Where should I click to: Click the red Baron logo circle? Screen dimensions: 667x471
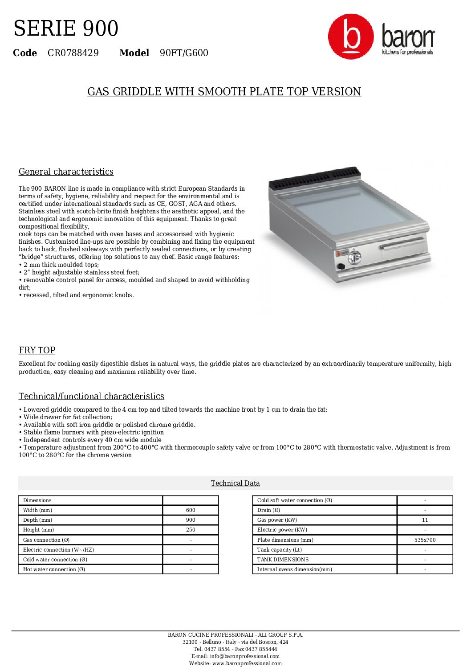[351, 37]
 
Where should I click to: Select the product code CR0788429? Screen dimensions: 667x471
[73, 53]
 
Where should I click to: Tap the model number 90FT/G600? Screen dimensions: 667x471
[184, 53]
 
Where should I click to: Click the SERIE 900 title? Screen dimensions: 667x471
[66, 29]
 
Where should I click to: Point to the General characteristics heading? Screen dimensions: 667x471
[66, 172]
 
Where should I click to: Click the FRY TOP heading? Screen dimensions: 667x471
[37, 350]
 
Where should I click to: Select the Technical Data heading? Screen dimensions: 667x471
[235, 483]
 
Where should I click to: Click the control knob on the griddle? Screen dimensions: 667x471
[354, 256]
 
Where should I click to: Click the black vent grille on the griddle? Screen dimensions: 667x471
[314, 178]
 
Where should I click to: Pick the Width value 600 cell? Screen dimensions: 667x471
[191, 510]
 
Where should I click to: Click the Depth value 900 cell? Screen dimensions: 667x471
[191, 520]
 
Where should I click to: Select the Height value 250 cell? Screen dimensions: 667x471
[191, 530]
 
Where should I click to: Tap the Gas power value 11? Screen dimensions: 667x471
[425, 520]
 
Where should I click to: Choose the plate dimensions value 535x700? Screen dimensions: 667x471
[425, 540]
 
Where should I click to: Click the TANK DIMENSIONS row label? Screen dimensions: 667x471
[283, 560]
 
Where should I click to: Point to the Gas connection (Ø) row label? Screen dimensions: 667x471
[46, 540]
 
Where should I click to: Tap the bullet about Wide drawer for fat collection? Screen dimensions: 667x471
[66, 417]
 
